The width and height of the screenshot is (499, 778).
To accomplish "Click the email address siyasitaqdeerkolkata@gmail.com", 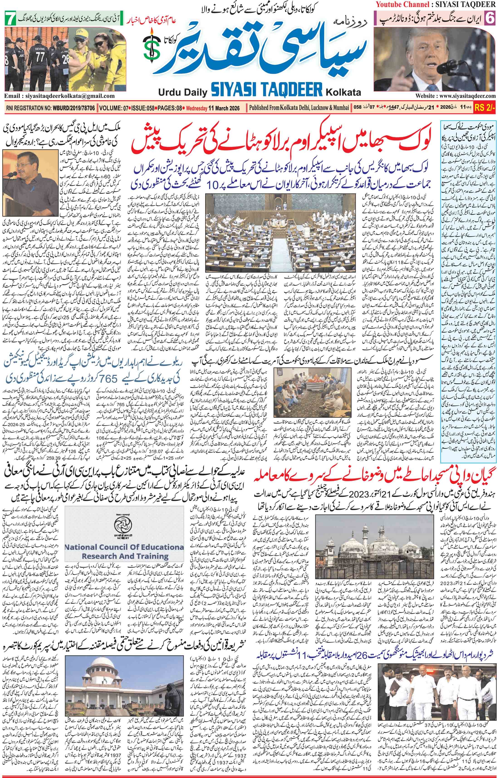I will coord(60,96).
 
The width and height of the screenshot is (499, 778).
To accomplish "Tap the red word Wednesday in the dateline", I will coord(197,108).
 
